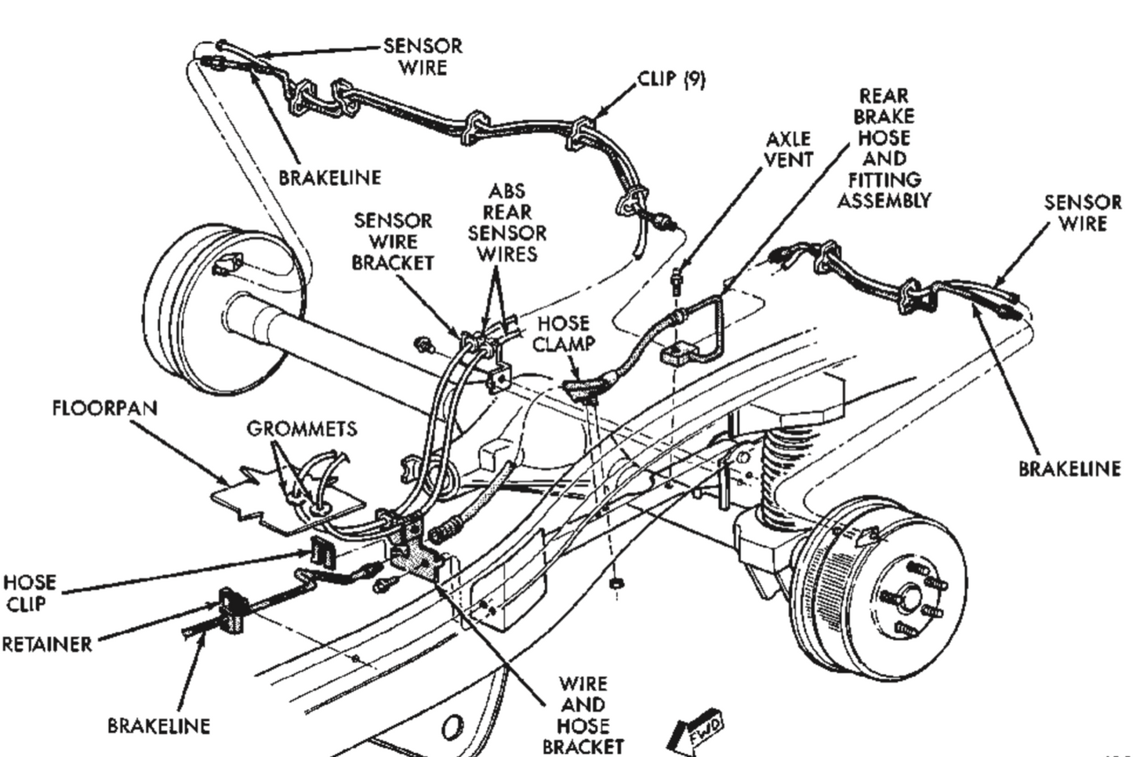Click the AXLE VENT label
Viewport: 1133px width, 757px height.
pos(789,149)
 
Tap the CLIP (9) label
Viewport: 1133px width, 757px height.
pos(671,79)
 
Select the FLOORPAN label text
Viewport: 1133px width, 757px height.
pos(104,408)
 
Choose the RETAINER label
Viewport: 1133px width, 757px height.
pos(47,644)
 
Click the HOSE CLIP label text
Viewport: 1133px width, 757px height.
pos(30,593)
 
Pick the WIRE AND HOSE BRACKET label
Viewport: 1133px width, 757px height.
pos(583,715)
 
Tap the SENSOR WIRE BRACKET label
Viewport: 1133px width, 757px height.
pos(393,242)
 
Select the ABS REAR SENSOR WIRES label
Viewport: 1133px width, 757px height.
pos(507,222)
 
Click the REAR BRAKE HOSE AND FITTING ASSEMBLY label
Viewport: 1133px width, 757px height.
pos(884,147)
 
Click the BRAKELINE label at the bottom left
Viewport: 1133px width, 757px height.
pos(158,726)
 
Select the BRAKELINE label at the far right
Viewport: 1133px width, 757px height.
pos(1069,469)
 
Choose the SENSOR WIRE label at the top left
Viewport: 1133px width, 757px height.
pos(423,56)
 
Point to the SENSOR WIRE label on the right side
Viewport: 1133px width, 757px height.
pos(1082,213)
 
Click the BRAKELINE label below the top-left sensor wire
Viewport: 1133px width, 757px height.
pos(330,177)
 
